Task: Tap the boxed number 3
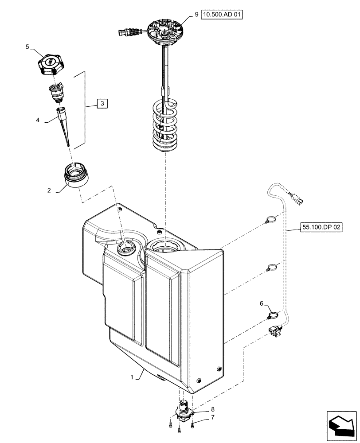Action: pos(102,103)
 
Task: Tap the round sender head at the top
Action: pos(165,31)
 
